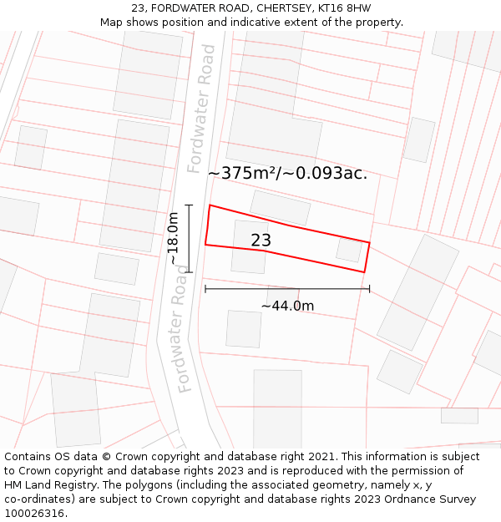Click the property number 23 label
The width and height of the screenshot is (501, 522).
point(261,241)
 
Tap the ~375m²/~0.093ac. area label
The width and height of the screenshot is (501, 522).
point(287,174)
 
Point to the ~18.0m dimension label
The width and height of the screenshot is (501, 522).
point(174,238)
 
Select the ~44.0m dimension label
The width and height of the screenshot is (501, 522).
point(287,306)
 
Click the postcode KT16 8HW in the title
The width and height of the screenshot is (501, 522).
point(342,8)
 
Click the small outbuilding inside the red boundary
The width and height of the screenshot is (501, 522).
point(348,249)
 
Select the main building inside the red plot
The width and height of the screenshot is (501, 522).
point(249,247)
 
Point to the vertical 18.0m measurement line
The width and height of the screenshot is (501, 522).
point(190,238)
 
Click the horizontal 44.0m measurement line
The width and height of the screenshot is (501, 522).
point(287,289)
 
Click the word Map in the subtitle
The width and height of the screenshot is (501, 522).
point(112,23)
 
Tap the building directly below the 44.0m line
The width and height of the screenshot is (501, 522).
point(244,329)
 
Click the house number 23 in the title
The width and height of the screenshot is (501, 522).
point(138,8)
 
